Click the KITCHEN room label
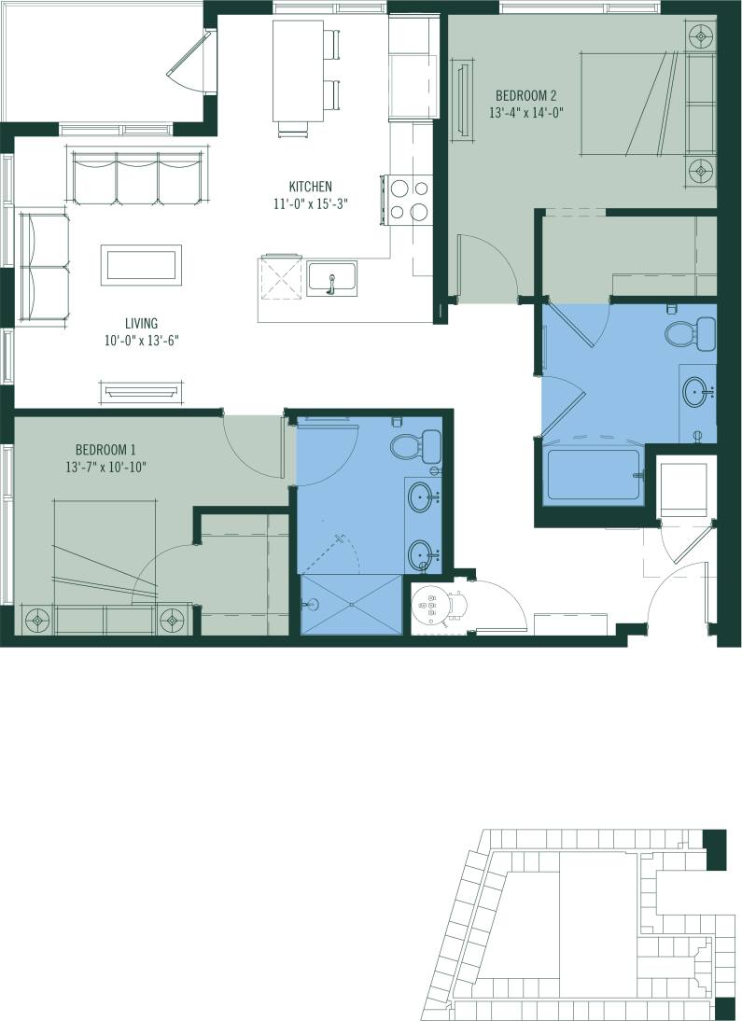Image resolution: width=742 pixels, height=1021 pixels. point(311,187)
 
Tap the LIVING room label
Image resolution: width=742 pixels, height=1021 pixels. point(141,324)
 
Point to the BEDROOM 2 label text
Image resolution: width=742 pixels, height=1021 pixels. point(526,95)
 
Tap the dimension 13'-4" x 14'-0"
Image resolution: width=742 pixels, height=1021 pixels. point(526,112)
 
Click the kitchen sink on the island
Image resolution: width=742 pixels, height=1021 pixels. point(331,279)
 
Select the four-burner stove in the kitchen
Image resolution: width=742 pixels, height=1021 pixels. point(408,201)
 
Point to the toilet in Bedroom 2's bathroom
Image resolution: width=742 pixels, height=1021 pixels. point(689,331)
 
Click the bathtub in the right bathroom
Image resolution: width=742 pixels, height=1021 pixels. point(595,475)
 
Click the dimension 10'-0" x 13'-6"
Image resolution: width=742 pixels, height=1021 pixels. point(141,342)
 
